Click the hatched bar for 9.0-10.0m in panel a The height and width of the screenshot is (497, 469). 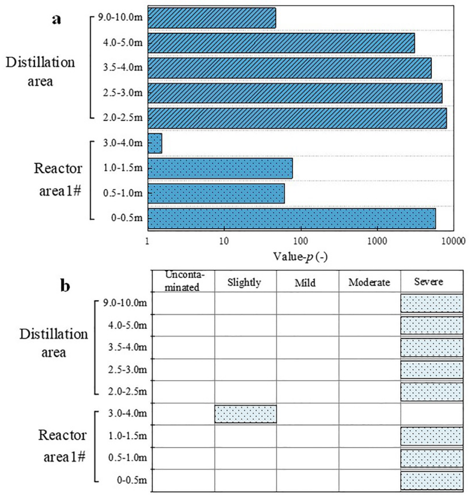click(212, 18)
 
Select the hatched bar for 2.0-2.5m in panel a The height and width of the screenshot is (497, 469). click(297, 118)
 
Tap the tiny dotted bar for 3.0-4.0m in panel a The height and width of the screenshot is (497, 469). click(155, 143)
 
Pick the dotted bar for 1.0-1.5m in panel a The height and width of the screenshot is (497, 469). click(220, 168)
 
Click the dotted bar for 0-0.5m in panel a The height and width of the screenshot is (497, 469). click(291, 218)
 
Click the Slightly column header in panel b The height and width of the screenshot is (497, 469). click(244, 283)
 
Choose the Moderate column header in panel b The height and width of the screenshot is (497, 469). click(369, 283)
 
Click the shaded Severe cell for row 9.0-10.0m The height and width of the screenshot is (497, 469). click(431, 303)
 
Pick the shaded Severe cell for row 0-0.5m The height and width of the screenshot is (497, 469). click(431, 481)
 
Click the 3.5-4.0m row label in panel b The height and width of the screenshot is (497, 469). click(128, 347)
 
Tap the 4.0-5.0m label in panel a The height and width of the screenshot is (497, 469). click(123, 43)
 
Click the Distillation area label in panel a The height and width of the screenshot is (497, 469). click(40, 72)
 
